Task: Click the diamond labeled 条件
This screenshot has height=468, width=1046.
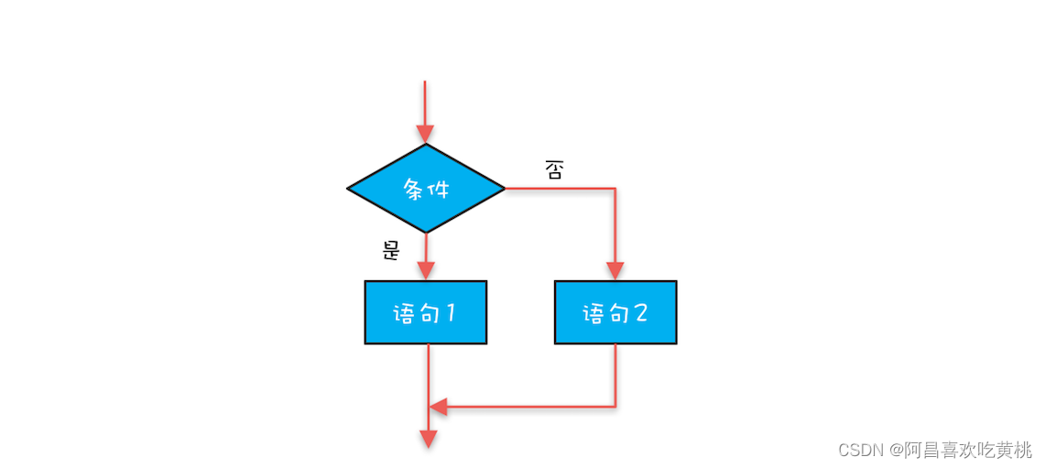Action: [426, 189]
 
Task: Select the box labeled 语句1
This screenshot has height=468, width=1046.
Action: [426, 312]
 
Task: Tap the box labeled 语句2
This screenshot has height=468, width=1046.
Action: [616, 312]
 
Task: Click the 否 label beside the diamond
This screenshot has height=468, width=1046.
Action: [554, 170]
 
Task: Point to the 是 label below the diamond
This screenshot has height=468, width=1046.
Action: [391, 250]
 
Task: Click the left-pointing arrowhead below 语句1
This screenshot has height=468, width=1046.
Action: [439, 407]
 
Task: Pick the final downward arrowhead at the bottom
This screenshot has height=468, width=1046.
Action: [428, 440]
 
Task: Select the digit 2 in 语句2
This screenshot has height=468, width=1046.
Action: [640, 313]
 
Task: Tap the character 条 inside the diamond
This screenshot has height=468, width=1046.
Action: [414, 190]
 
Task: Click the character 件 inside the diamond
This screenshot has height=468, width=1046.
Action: [440, 190]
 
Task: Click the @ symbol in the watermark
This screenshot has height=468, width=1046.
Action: [896, 451]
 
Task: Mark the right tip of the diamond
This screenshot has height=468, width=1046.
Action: [504, 189]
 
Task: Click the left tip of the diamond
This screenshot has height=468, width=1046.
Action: [349, 189]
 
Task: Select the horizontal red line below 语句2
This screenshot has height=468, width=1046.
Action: [531, 407]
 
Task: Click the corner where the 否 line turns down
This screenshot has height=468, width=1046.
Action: [616, 189]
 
